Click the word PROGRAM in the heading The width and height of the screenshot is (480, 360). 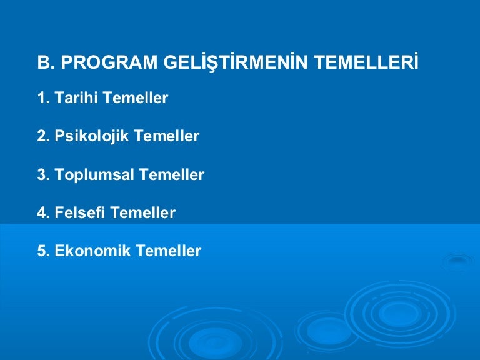coord(109,62)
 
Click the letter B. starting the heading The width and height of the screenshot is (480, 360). coord(46,62)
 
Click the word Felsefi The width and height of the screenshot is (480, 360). coord(79,212)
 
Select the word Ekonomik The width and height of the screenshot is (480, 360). coord(92,251)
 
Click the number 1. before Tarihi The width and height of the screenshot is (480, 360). coord(43,98)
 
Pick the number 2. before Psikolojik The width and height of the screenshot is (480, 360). coord(43,136)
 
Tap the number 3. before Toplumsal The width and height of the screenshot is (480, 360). coord(43,174)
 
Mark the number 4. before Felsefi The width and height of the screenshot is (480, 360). coord(43,212)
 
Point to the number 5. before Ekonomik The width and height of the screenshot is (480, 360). coord(43,251)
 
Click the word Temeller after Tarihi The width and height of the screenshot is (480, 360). coord(136,97)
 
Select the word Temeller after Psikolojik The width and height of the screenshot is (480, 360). coord(167,136)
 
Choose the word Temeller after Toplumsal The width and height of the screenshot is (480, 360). coord(172,174)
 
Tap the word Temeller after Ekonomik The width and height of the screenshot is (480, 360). coord(169,251)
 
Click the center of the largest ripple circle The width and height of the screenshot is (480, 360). coord(400,313)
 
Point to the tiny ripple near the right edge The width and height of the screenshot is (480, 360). coord(457,261)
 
